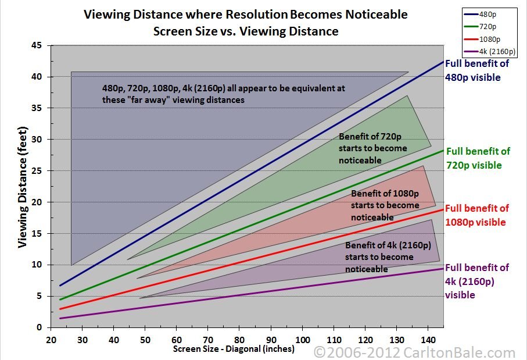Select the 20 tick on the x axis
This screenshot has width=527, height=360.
(x=51, y=339)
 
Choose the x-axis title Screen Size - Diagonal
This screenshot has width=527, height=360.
(x=234, y=349)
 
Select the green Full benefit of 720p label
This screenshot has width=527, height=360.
(x=477, y=158)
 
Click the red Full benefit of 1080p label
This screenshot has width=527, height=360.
(x=476, y=215)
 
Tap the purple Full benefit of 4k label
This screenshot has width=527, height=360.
(x=476, y=281)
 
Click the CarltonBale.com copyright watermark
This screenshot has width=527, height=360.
(x=414, y=352)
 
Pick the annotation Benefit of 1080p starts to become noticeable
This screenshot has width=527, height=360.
(x=384, y=205)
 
